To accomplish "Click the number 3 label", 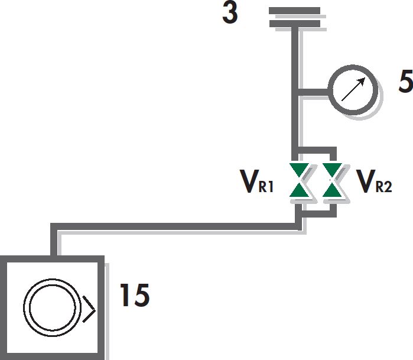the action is (x=230, y=13).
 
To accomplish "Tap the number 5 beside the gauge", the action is (x=406, y=82).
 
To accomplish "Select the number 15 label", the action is (x=135, y=295).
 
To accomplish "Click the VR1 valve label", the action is (x=258, y=181).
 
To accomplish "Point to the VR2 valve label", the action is (x=374, y=181).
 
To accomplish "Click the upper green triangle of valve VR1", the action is (x=299, y=170).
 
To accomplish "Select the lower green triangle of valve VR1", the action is (x=299, y=190).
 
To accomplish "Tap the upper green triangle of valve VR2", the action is (x=332, y=170).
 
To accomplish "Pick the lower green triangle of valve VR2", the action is (x=332, y=190).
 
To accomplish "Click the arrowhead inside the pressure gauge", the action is (x=362, y=81).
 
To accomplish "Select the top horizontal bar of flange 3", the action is (x=294, y=11).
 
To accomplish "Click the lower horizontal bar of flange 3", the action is (x=294, y=24).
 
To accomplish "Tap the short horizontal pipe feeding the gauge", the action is (x=313, y=92).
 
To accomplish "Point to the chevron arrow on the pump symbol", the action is (x=89, y=309).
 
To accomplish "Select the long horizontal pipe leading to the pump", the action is (x=174, y=226).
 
